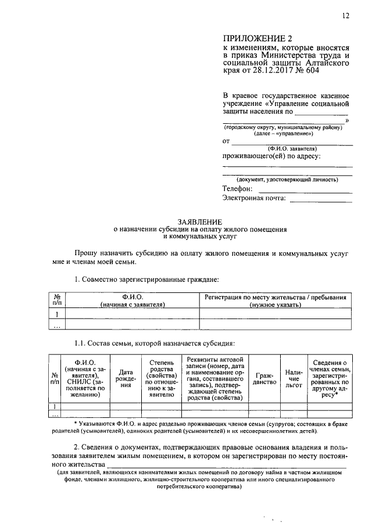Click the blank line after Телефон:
[x=305, y=189]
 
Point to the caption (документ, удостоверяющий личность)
[x=287, y=180]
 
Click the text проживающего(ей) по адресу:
[x=271, y=156]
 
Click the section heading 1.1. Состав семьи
[x=153, y=343]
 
